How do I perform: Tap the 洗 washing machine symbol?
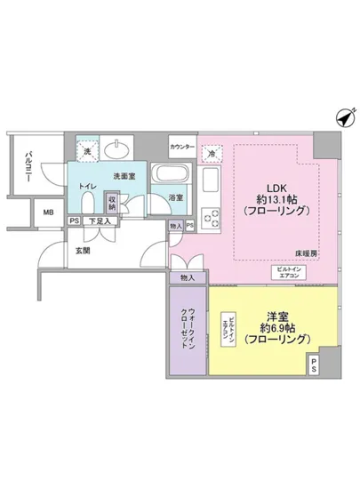pos(88,151)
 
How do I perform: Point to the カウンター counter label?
pos(182,144)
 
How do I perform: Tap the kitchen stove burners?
pos(211,215)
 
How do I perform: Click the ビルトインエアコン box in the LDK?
pos(289,273)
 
